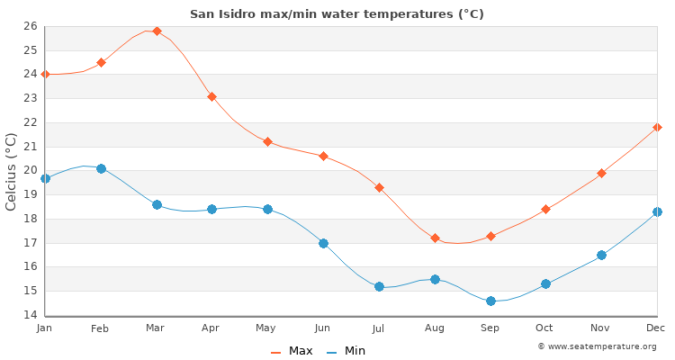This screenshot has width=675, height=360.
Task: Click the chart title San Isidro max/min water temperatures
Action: click(x=337, y=13)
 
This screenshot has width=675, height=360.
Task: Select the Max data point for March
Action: click(x=157, y=31)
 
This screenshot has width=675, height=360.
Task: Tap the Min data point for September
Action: click(x=490, y=301)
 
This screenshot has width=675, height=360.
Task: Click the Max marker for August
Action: click(x=435, y=238)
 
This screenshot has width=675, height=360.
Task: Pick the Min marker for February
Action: click(x=101, y=168)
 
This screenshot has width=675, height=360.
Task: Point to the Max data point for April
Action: click(x=212, y=96)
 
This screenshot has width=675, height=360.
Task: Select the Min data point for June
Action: click(x=323, y=243)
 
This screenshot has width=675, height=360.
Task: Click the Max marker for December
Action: click(x=657, y=127)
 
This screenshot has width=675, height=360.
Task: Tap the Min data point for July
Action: click(x=379, y=286)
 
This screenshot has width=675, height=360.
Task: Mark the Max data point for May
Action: click(x=267, y=141)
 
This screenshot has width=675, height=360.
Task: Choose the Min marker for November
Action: click(x=601, y=255)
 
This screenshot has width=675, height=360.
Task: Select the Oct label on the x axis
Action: click(x=544, y=328)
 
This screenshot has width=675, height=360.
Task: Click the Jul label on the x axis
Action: click(x=378, y=328)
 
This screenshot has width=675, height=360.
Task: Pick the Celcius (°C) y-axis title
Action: click(x=12, y=171)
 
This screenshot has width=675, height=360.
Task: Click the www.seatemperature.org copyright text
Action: click(x=597, y=346)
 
